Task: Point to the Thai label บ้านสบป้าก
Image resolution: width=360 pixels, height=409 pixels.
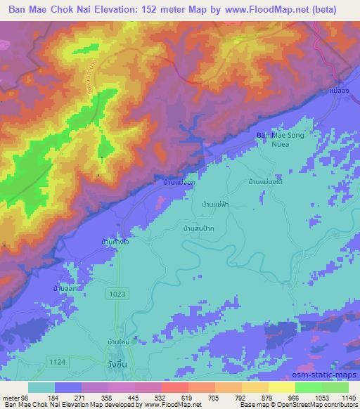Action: pos(198,228)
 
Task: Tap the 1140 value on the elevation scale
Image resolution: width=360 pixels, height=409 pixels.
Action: pos(349,398)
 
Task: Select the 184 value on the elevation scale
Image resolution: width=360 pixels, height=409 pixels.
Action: pos(43,398)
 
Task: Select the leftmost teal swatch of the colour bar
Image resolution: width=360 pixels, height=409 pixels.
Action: pos(41,387)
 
